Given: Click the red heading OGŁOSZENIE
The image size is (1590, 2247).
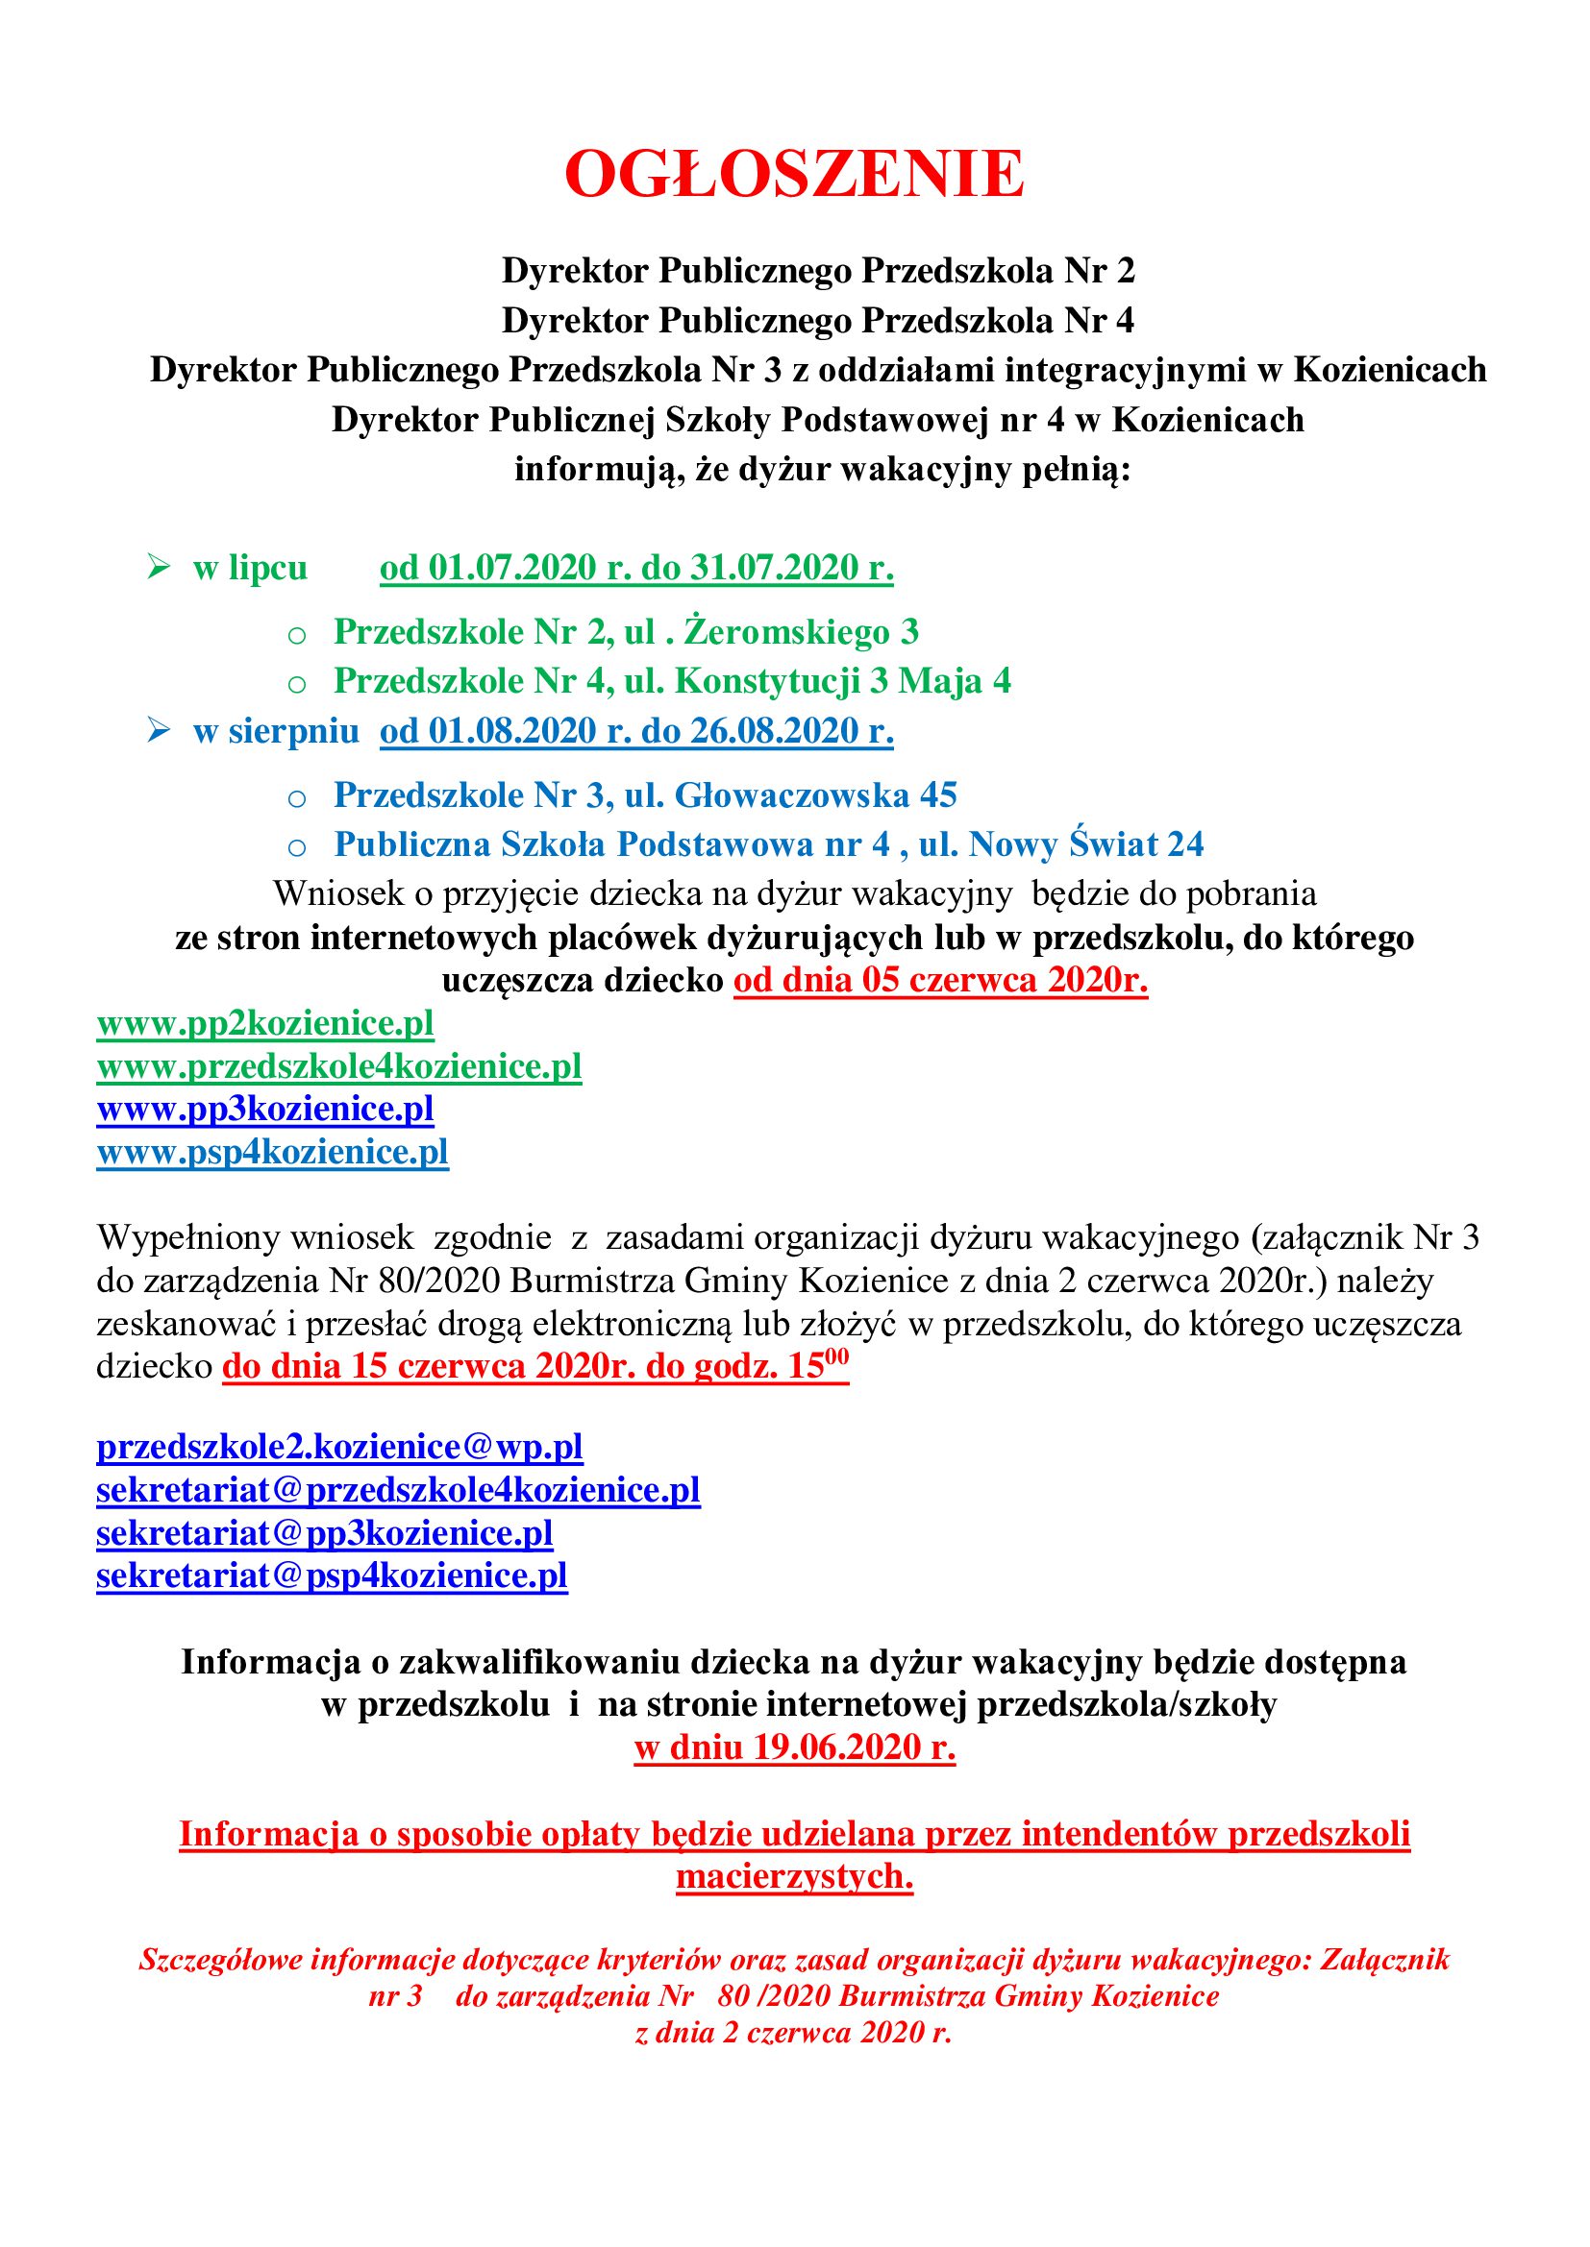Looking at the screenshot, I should [x=794, y=175].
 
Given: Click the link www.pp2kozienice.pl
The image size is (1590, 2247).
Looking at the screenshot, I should [x=264, y=1024].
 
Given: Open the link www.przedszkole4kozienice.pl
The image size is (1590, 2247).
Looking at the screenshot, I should [x=338, y=1065].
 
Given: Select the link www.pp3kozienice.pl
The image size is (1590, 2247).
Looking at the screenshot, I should [x=264, y=1109].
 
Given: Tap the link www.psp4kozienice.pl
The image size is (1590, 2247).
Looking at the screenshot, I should [x=272, y=1152].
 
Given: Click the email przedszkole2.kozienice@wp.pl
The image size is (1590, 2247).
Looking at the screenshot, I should [x=338, y=1447].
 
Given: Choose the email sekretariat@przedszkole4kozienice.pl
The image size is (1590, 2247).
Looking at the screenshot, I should [x=398, y=1490].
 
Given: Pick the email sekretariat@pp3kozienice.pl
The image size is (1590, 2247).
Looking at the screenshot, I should [x=324, y=1532].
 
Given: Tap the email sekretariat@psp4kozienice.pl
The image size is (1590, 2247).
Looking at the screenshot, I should [x=331, y=1575].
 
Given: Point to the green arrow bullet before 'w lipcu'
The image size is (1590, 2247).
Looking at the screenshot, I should [x=159, y=567].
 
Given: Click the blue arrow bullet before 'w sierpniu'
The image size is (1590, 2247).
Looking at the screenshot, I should [x=159, y=730].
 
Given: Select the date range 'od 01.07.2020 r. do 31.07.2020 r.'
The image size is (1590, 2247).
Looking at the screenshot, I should [x=636, y=569].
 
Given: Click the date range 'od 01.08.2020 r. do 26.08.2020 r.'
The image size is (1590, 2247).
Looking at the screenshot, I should [x=636, y=732].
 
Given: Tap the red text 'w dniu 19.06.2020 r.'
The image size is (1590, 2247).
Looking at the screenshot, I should [x=795, y=1746].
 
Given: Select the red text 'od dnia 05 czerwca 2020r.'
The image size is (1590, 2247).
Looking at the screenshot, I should [x=941, y=981].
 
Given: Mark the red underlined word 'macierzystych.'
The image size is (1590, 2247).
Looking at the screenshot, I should [x=794, y=1876].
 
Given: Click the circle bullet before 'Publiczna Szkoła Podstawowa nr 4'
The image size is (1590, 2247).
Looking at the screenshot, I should [x=297, y=847].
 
